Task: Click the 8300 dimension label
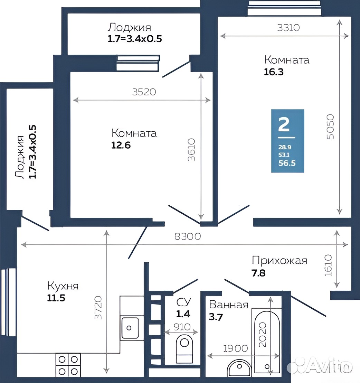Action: tap(188, 236)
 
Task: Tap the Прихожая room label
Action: tap(280, 261)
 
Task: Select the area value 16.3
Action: tap(274, 72)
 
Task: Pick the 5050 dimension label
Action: tap(330, 127)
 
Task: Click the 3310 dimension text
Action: tap(288, 28)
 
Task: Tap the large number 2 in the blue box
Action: tap(284, 124)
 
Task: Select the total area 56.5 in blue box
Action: tap(287, 163)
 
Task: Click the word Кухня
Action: tap(63, 286)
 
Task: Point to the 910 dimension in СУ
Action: tap(182, 327)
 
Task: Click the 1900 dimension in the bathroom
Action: tap(236, 348)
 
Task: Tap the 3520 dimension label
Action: tap(144, 92)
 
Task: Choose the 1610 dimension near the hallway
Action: tap(328, 265)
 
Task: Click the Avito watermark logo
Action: tap(320, 365)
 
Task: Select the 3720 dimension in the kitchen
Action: tap(98, 308)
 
